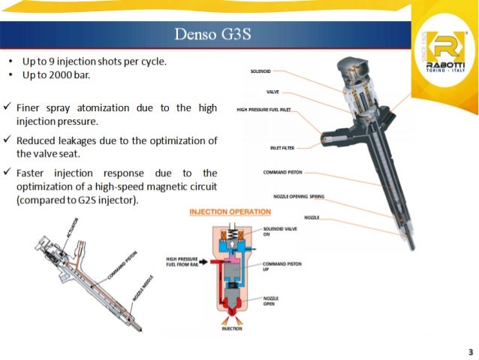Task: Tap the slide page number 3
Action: [469, 350]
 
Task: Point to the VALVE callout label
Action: [273, 92]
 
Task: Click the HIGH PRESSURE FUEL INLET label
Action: [264, 110]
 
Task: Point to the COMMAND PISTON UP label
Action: [278, 265]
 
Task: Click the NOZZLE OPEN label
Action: [272, 301]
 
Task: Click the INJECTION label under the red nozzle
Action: [232, 329]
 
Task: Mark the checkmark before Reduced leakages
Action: [8, 141]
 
